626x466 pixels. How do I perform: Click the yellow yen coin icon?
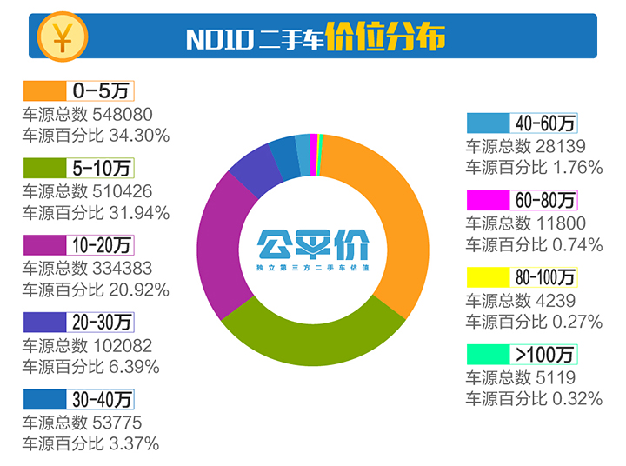[61, 37]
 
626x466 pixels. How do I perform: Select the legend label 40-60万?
[544, 123]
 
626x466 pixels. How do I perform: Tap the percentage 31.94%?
[137, 212]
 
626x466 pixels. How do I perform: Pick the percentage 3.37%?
[132, 444]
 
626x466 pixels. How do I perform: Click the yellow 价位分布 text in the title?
[386, 37]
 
